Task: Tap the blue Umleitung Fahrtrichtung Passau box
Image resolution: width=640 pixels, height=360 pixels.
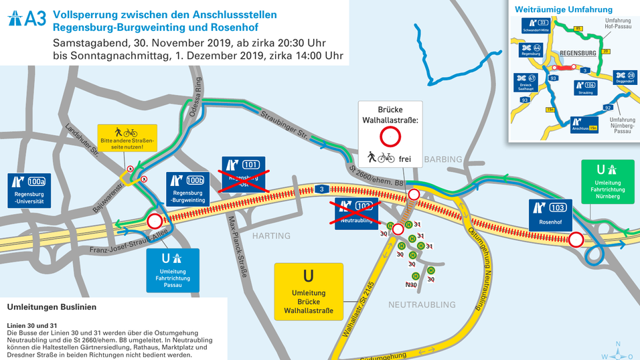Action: pyautogui.click(x=173, y=270)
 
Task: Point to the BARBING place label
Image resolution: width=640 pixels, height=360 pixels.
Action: pyautogui.click(x=442, y=159)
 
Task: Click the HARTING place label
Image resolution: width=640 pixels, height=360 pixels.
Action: pyautogui.click(x=271, y=236)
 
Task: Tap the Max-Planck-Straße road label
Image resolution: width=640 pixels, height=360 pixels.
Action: pyautogui.click(x=238, y=254)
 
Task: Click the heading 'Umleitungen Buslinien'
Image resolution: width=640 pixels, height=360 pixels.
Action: pyautogui.click(x=52, y=307)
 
